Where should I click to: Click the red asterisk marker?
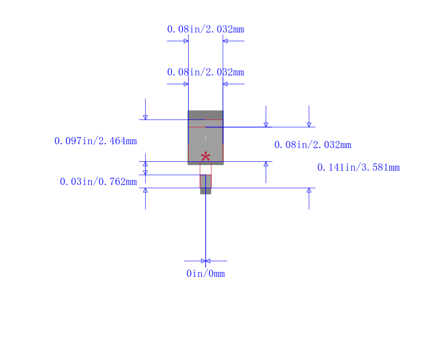pyautogui.click(x=206, y=156)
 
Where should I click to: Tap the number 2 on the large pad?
pyautogui.click(x=206, y=138)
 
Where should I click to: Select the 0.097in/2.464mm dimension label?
pyautogui.click(x=95, y=141)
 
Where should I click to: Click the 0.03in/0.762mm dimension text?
pyautogui.click(x=98, y=182)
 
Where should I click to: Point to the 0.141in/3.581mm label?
pyautogui.click(x=359, y=167)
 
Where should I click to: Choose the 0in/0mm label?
pyautogui.click(x=206, y=274)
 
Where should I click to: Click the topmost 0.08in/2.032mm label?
pyautogui.click(x=206, y=29)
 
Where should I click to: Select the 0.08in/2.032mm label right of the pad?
pyautogui.click(x=313, y=145)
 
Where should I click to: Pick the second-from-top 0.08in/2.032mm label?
pyautogui.click(x=206, y=72)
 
